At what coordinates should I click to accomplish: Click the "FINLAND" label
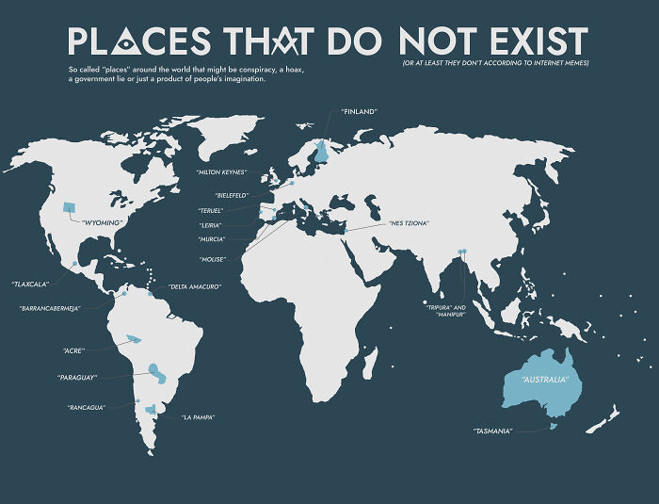[359, 111]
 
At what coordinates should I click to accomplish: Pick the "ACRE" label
[74, 350]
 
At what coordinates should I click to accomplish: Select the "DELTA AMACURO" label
[195, 285]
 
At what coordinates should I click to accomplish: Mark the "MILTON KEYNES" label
[221, 172]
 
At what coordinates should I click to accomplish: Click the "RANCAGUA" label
[86, 407]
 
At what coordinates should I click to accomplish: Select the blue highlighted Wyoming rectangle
[69, 207]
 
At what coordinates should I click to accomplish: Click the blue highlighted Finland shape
[322, 148]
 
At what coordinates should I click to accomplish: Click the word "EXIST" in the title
[541, 41]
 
